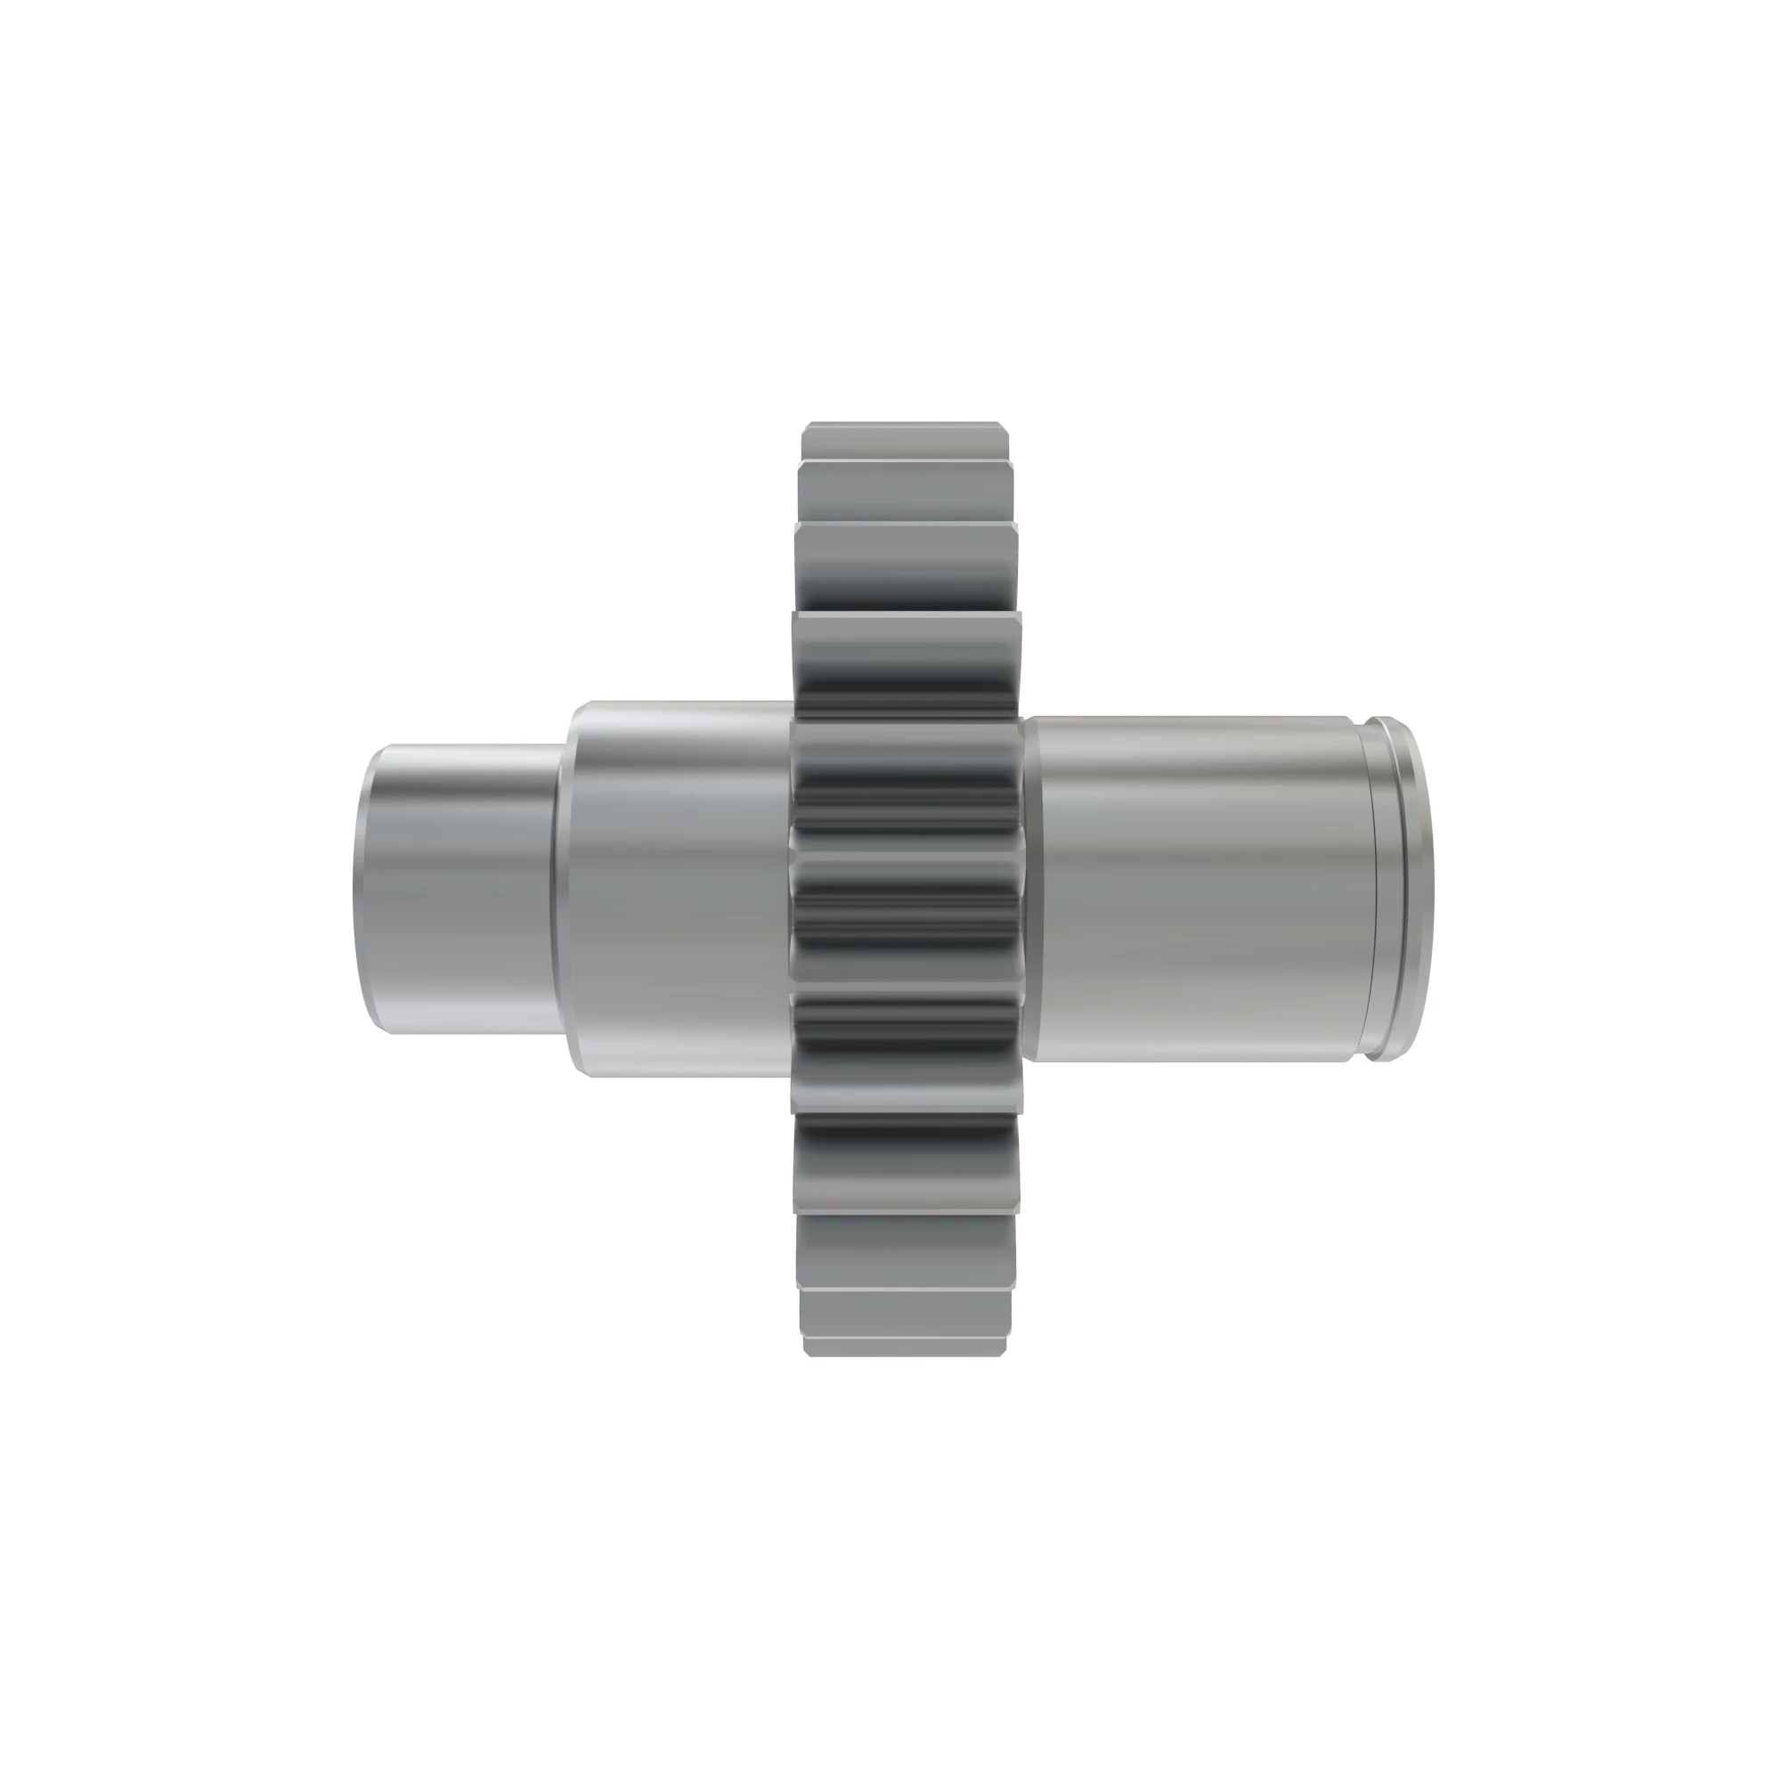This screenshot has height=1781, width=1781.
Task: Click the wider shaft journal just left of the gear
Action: tap(678, 890)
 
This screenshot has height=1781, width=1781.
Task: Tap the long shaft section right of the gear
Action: tap(1199, 890)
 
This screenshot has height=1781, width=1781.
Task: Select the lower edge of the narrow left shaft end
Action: tap(470, 1029)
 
